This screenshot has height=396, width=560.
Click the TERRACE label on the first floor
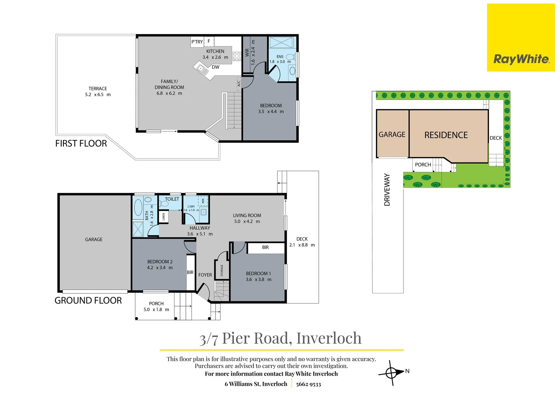(x=98, y=89)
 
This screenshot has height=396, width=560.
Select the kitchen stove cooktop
(x=237, y=56)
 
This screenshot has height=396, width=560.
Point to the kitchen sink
(x=203, y=69)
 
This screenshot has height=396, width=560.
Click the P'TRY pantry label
(x=197, y=42)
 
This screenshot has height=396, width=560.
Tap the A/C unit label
(x=239, y=83)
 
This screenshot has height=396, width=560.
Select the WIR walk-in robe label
(x=247, y=52)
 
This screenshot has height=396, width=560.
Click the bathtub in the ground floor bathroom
(x=138, y=208)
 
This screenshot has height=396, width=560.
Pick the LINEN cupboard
(x=163, y=217)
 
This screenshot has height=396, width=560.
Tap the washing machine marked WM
(x=203, y=201)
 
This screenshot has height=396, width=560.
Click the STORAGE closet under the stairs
(x=222, y=270)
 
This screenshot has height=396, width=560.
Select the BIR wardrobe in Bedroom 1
(x=266, y=247)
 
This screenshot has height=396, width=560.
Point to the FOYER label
(x=205, y=275)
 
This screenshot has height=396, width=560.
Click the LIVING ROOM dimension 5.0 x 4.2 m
(x=247, y=221)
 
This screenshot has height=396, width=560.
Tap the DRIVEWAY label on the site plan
(x=387, y=190)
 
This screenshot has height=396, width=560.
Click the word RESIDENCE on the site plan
(x=446, y=135)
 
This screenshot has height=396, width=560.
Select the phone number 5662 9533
(x=309, y=384)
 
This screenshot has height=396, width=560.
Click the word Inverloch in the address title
(x=329, y=338)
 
